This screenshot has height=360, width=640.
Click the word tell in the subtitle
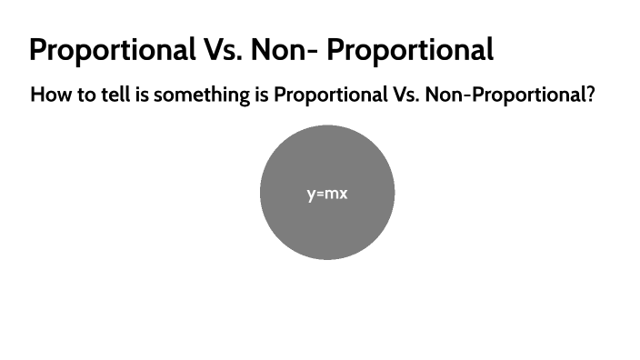[x=114, y=95]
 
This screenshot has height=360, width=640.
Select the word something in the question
[x=200, y=95]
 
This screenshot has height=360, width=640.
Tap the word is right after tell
[x=142, y=95]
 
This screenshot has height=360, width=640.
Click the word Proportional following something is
[x=327, y=95]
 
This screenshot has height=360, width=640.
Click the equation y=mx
[x=327, y=194]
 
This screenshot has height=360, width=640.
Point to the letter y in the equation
[x=311, y=195]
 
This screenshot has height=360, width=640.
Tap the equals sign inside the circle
[x=320, y=194]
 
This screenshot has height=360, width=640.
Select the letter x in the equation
[x=343, y=194]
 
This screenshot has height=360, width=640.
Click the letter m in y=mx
[x=331, y=194]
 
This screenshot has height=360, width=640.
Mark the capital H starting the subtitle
[x=37, y=95]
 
